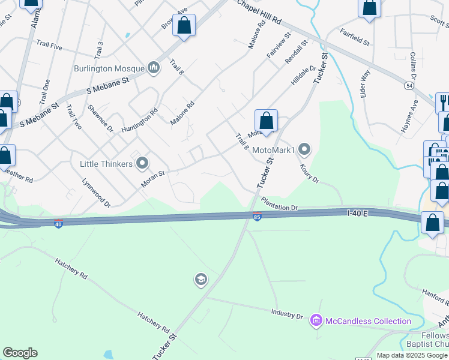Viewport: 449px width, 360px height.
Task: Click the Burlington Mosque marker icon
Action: (154, 68)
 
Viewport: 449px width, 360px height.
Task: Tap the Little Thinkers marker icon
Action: (143, 163)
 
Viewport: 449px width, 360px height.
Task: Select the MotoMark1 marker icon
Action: (305, 149)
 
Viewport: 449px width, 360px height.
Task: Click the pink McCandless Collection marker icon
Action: (316, 321)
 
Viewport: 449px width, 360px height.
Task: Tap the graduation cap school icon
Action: (200, 279)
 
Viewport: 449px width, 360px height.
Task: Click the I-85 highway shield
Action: (256, 217)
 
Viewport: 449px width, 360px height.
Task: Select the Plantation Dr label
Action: (279, 207)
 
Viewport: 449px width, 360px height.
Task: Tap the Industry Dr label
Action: (287, 314)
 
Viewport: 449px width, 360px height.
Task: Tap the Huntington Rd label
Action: (139, 121)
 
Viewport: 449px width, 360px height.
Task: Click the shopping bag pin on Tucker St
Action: (266, 121)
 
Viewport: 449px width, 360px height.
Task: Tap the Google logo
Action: (20, 353)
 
